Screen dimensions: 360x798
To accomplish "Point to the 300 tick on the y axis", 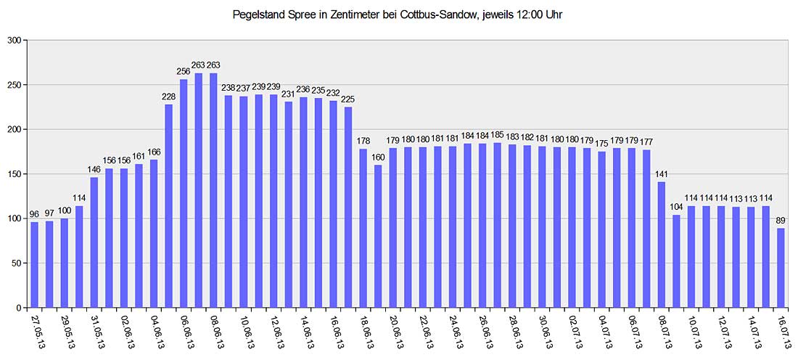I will [x=15, y=40].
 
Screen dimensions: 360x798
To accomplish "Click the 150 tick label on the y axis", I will [x=15, y=174].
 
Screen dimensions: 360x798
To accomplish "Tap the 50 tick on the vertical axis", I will [x=17, y=263].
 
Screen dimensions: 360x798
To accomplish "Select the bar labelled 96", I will [x=34, y=265].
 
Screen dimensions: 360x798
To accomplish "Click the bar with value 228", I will [x=168, y=206].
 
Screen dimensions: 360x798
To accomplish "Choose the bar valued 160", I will [x=378, y=237].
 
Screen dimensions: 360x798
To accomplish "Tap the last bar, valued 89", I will [x=781, y=268].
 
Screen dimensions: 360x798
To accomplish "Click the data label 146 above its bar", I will [x=94, y=169].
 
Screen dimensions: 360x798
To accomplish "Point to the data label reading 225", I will [x=348, y=99].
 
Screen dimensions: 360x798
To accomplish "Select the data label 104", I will [x=676, y=207].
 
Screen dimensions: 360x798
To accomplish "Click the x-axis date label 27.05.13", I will [x=36, y=330].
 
